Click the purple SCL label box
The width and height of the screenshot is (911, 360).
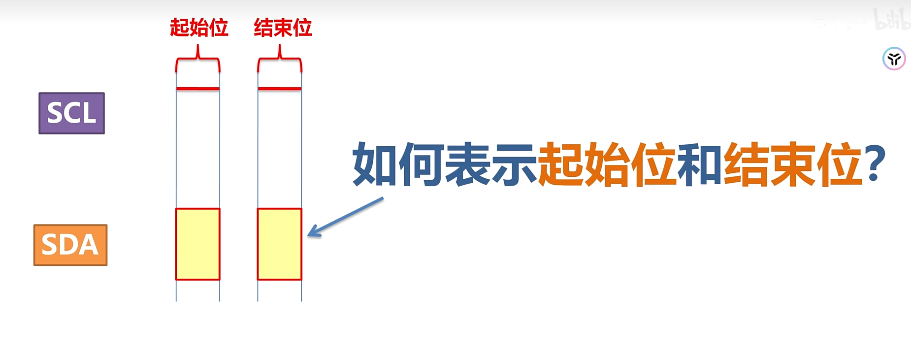[71, 113]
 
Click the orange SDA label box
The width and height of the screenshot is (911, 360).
[70, 245]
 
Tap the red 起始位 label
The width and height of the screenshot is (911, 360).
[199, 28]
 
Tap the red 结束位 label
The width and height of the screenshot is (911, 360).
[283, 28]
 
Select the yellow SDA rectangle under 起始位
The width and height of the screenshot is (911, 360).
[198, 244]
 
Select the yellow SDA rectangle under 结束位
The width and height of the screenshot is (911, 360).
[280, 244]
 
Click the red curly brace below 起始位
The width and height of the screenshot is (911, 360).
[198, 60]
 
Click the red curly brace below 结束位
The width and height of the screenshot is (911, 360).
[280, 60]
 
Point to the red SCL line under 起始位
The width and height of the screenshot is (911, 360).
[198, 89]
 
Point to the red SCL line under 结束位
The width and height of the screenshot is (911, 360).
[280, 89]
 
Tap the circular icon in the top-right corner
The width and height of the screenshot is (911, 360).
[894, 59]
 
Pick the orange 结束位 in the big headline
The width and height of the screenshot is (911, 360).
[793, 164]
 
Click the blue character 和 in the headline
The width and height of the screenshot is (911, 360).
[700, 164]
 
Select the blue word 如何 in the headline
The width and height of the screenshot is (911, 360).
[398, 164]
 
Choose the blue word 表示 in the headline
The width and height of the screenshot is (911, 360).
[490, 164]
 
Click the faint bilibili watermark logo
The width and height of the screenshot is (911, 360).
[891, 20]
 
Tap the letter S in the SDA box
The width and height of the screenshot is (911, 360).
[50, 245]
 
